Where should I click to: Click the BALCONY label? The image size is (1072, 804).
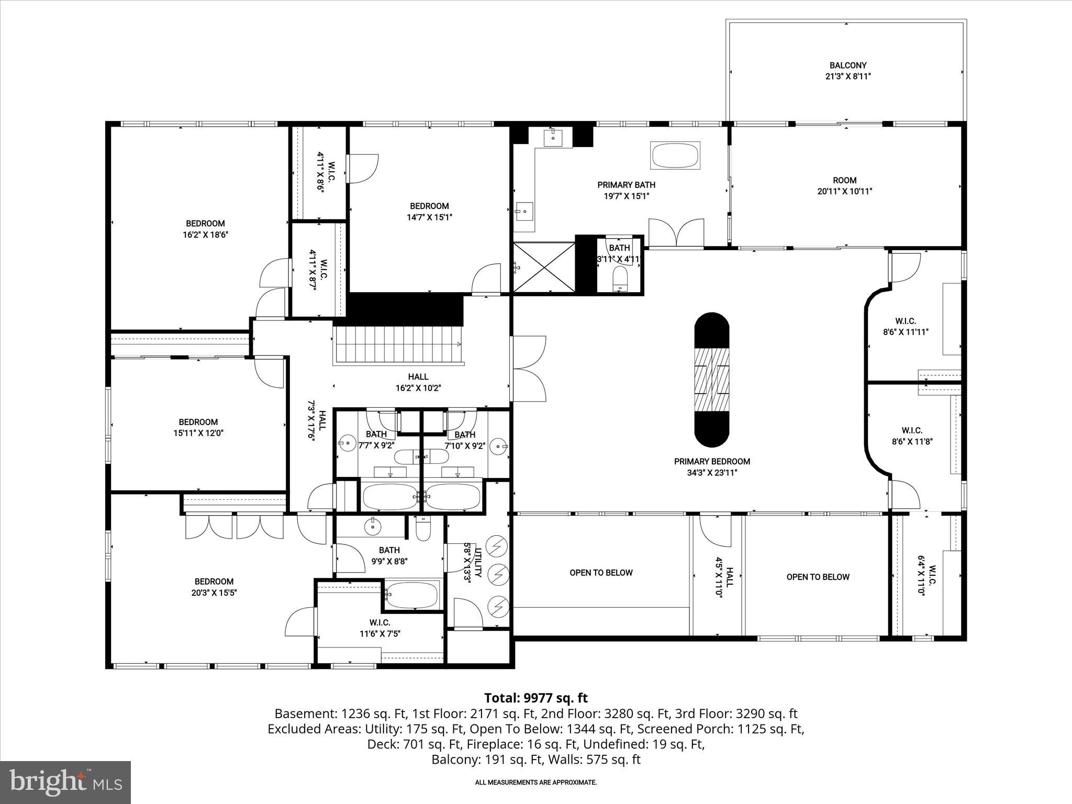tap(847, 65)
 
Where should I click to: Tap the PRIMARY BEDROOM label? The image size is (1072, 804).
tap(711, 462)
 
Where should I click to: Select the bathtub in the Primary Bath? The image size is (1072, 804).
tap(675, 155)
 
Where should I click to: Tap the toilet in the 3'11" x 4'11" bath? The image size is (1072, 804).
tap(620, 277)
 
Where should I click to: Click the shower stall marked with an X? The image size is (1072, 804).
tap(544, 267)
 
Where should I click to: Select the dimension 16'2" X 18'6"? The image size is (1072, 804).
tap(205, 235)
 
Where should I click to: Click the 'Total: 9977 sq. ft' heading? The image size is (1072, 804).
tap(535, 698)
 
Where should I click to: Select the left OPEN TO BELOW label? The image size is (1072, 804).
tap(601, 573)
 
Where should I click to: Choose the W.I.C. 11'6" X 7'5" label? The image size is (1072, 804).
tap(379, 628)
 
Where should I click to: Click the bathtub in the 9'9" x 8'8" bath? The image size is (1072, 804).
tap(412, 594)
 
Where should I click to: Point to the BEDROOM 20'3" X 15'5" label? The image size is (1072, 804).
tap(214, 587)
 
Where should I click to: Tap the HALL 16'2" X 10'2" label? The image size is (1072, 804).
tap(418, 382)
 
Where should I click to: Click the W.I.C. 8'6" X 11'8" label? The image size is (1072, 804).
tap(912, 435)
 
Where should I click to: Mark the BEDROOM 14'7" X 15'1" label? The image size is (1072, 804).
tap(429, 211)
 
